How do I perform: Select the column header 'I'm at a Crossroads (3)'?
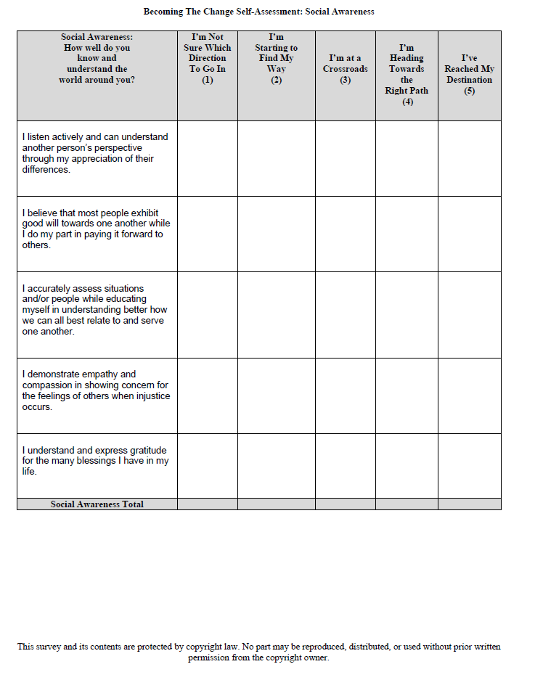[345, 69]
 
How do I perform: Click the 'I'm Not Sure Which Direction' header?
[207, 58]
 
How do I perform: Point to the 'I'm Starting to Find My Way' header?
[276, 58]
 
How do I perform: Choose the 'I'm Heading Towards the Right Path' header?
[407, 74]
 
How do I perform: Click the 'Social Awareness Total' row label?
[97, 504]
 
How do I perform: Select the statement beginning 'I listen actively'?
[95, 153]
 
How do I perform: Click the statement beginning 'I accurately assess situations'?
[94, 309]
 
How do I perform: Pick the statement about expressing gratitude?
[95, 461]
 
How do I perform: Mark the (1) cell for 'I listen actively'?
[207, 158]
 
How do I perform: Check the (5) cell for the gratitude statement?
[469, 465]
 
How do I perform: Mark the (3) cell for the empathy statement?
[345, 396]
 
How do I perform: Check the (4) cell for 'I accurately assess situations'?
[407, 314]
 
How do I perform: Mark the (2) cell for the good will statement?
[276, 234]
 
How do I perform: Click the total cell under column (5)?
[469, 504]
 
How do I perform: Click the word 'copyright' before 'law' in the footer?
[206, 647]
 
